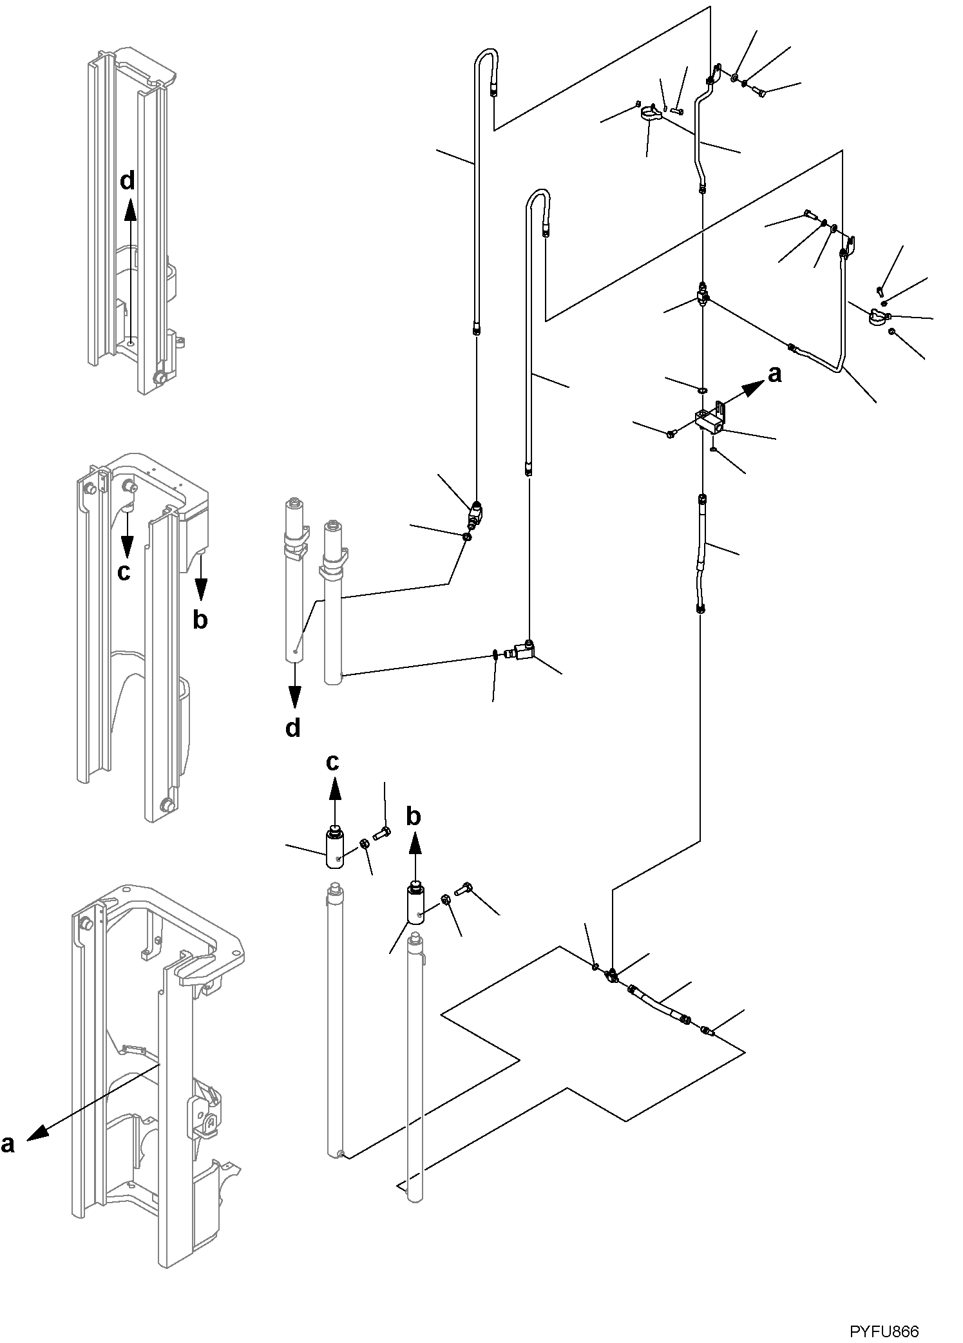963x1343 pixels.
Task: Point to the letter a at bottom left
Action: [8, 1143]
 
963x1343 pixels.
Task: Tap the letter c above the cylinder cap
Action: [332, 762]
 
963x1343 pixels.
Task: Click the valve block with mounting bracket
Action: [712, 418]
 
